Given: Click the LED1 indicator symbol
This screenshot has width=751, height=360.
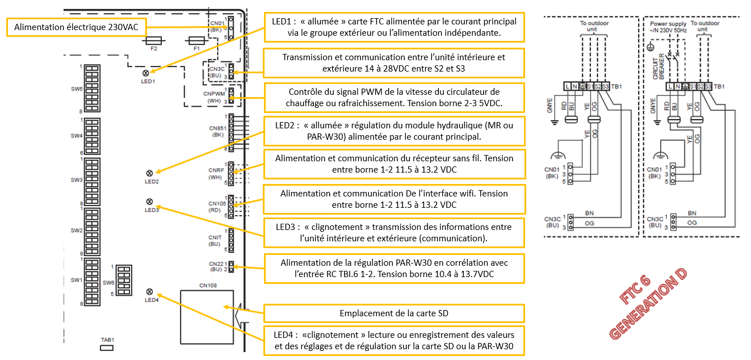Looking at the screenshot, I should [146, 73].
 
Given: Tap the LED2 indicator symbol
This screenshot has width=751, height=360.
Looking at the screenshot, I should [150, 173].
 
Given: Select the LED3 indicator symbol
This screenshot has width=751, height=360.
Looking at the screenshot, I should [150, 202].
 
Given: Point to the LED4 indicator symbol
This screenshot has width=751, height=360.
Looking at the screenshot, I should [150, 292].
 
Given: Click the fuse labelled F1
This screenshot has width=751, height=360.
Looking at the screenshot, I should [197, 40].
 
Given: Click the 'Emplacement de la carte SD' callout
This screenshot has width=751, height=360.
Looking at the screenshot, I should [393, 313].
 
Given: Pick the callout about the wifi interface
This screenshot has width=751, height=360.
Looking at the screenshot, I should [393, 199].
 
